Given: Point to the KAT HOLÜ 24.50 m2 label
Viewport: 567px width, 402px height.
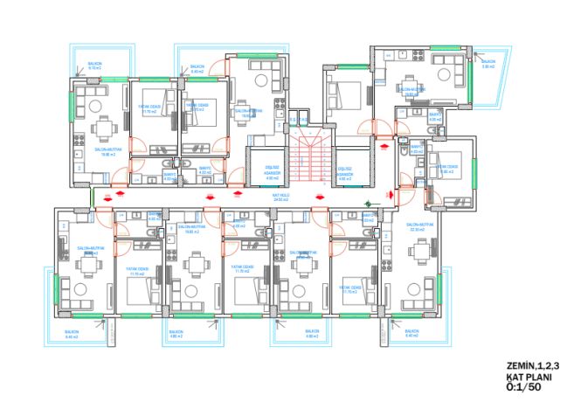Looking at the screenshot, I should click(281, 199).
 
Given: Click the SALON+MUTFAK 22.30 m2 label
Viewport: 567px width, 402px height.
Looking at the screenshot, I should click(420, 226).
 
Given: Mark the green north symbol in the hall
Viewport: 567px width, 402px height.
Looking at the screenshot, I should click(367, 206).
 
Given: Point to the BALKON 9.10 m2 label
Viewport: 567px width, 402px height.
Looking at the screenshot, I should click(93, 66).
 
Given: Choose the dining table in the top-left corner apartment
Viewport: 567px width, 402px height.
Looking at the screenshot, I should click(103, 128).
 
